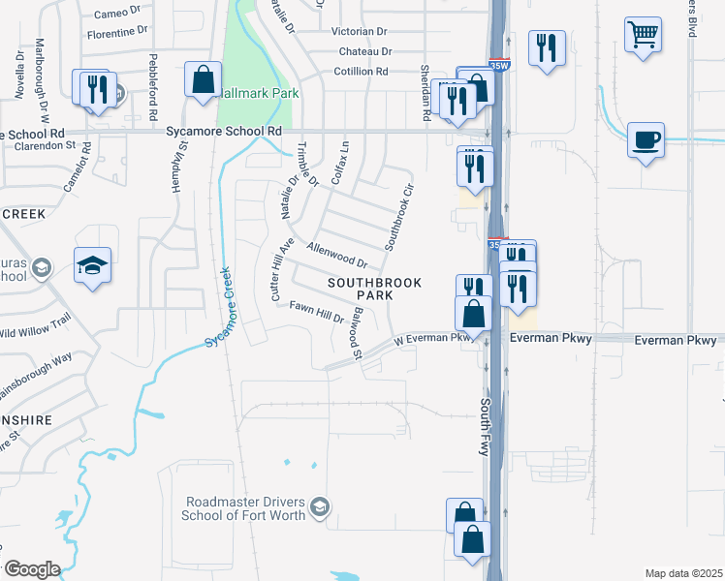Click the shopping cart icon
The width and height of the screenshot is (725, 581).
[644, 37]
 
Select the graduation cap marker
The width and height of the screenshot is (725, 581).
[93, 265]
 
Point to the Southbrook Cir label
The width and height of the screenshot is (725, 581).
[399, 217]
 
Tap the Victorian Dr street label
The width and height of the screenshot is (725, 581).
[360, 31]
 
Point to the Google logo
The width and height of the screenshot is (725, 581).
[32, 568]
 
